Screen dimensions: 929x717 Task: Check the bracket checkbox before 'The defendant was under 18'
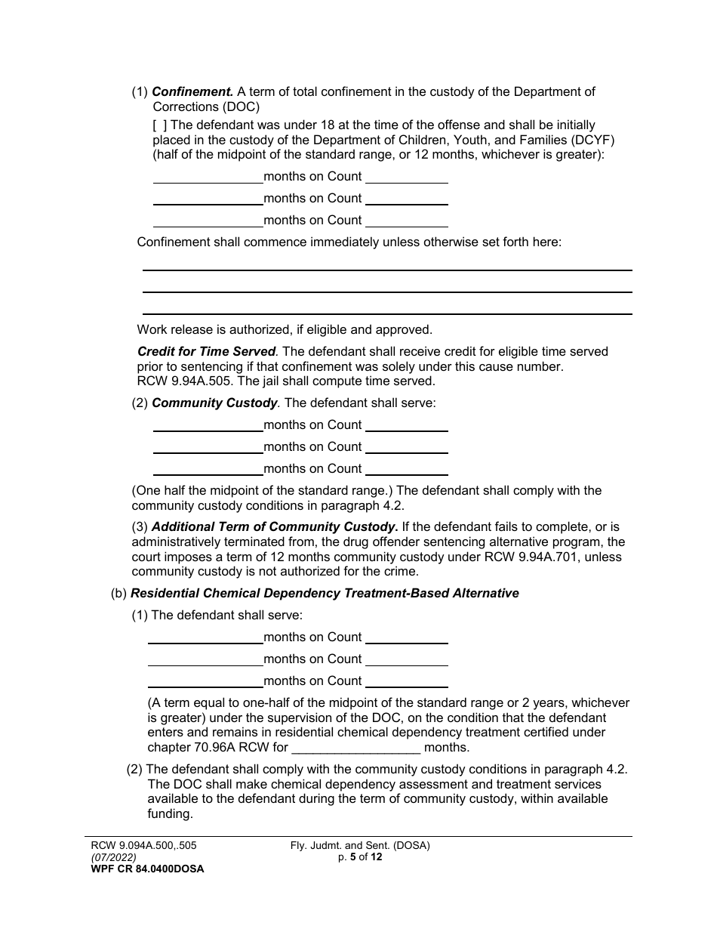(x=158, y=125)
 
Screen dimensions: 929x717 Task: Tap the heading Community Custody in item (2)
(x=215, y=403)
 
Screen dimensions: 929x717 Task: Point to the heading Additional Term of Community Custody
(x=274, y=527)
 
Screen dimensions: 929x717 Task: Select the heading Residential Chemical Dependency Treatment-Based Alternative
(x=325, y=594)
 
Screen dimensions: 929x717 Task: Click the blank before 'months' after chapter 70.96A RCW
(x=355, y=748)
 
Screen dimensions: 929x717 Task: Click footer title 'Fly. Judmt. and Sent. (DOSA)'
(x=360, y=846)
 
